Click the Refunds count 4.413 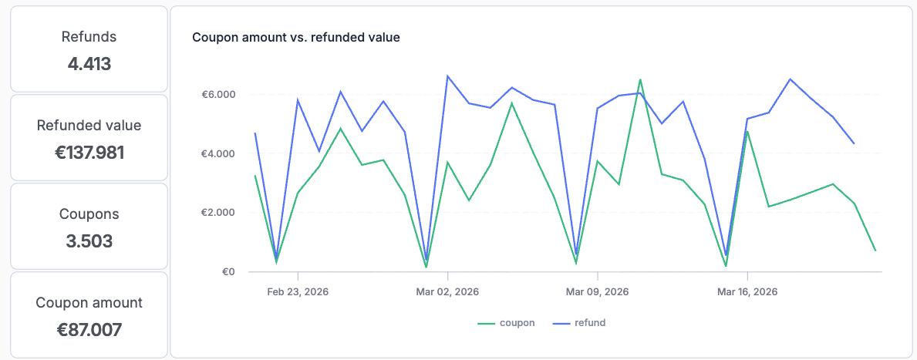[x=89, y=64]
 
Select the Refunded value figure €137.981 [x=89, y=153]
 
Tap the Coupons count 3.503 [x=89, y=241]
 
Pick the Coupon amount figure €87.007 [x=89, y=330]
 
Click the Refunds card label [x=89, y=36]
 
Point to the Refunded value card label [x=89, y=125]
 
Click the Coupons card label [x=89, y=214]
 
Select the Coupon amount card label [x=89, y=303]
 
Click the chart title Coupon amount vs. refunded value [x=295, y=37]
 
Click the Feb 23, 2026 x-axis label [x=298, y=292]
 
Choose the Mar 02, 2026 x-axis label [x=447, y=292]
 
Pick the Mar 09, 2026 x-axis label [x=597, y=292]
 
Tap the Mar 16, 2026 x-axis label [x=747, y=292]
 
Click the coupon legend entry [x=507, y=323]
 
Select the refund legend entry [x=580, y=323]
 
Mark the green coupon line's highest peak [x=640, y=79]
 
